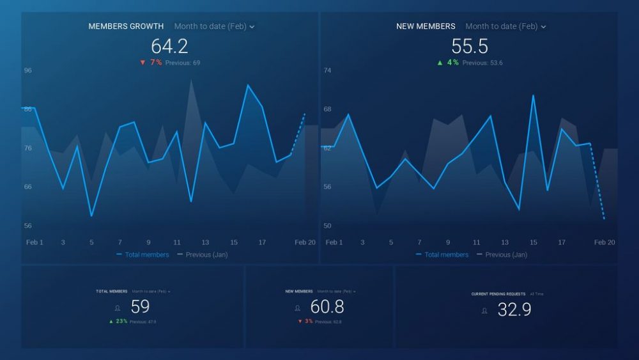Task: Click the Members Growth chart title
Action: pyautogui.click(x=126, y=26)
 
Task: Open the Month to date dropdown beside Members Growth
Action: pyautogui.click(x=215, y=26)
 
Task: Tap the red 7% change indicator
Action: pyautogui.click(x=151, y=63)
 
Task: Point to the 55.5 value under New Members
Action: pyautogui.click(x=470, y=46)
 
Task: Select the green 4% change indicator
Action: pyautogui.click(x=449, y=63)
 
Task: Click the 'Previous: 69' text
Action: pyautogui.click(x=183, y=63)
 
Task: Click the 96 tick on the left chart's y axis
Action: pyautogui.click(x=28, y=70)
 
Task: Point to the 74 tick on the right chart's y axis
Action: pyautogui.click(x=327, y=70)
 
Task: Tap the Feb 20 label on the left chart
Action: pyautogui.click(x=305, y=242)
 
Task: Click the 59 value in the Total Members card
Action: pyautogui.click(x=140, y=307)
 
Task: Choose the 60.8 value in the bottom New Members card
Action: pyautogui.click(x=327, y=307)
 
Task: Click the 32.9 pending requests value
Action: pyautogui.click(x=514, y=310)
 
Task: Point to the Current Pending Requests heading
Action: pyautogui.click(x=498, y=294)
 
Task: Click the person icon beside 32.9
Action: pyautogui.click(x=484, y=311)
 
